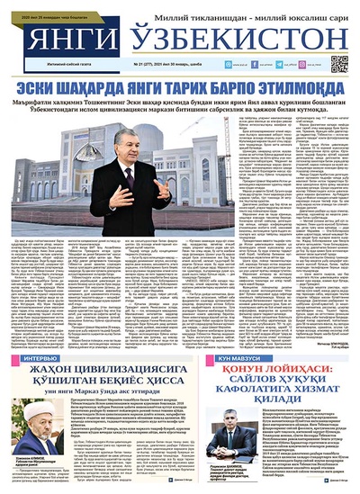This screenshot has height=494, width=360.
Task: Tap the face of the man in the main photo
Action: click(x=124, y=145)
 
